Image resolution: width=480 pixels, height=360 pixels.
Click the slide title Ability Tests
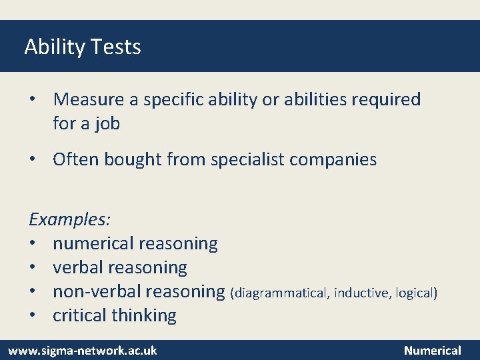point(83,47)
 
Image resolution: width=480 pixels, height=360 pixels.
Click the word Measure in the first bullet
point(89,99)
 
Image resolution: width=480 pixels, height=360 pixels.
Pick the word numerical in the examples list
point(93,243)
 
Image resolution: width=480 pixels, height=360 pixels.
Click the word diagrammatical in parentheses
point(281,293)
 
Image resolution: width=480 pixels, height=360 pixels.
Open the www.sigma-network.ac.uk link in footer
point(82,350)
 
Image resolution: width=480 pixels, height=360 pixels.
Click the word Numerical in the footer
point(432,350)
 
